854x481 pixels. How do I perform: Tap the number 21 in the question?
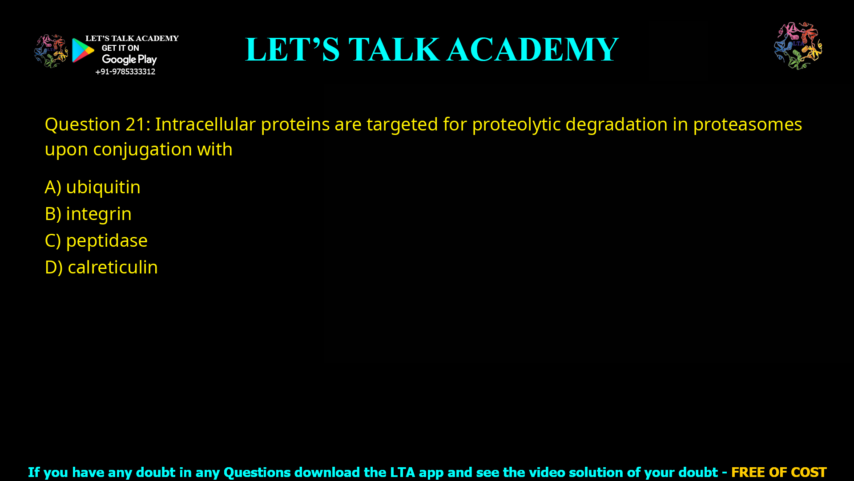point(135,124)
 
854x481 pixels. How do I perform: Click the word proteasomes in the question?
point(747,124)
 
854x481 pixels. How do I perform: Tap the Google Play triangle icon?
point(83,50)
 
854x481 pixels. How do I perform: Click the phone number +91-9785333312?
point(125,72)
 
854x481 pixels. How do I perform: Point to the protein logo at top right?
point(798,46)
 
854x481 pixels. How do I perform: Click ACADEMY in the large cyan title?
point(532,49)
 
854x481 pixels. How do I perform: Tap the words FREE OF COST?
point(778,472)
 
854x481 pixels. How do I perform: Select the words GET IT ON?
point(120,48)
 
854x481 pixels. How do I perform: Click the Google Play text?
point(129,60)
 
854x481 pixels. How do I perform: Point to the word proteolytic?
point(516,124)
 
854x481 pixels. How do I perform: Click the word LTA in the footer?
point(403,472)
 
